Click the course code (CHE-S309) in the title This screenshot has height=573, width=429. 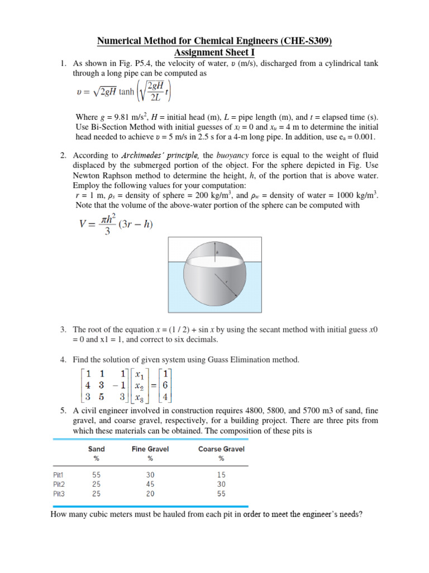[309, 41]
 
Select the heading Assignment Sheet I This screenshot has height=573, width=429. [214, 53]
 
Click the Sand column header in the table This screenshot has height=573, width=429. [97, 449]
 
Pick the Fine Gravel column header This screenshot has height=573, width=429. [150, 449]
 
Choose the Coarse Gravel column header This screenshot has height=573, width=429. [221, 449]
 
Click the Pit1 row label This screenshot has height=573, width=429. [59, 474]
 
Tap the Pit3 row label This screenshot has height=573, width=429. [59, 494]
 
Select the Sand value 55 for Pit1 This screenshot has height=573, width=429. [97, 474]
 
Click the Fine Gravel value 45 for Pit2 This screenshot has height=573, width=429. [150, 484]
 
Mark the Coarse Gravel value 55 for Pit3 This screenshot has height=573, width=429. [221, 494]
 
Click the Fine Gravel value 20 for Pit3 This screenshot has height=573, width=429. [150, 494]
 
